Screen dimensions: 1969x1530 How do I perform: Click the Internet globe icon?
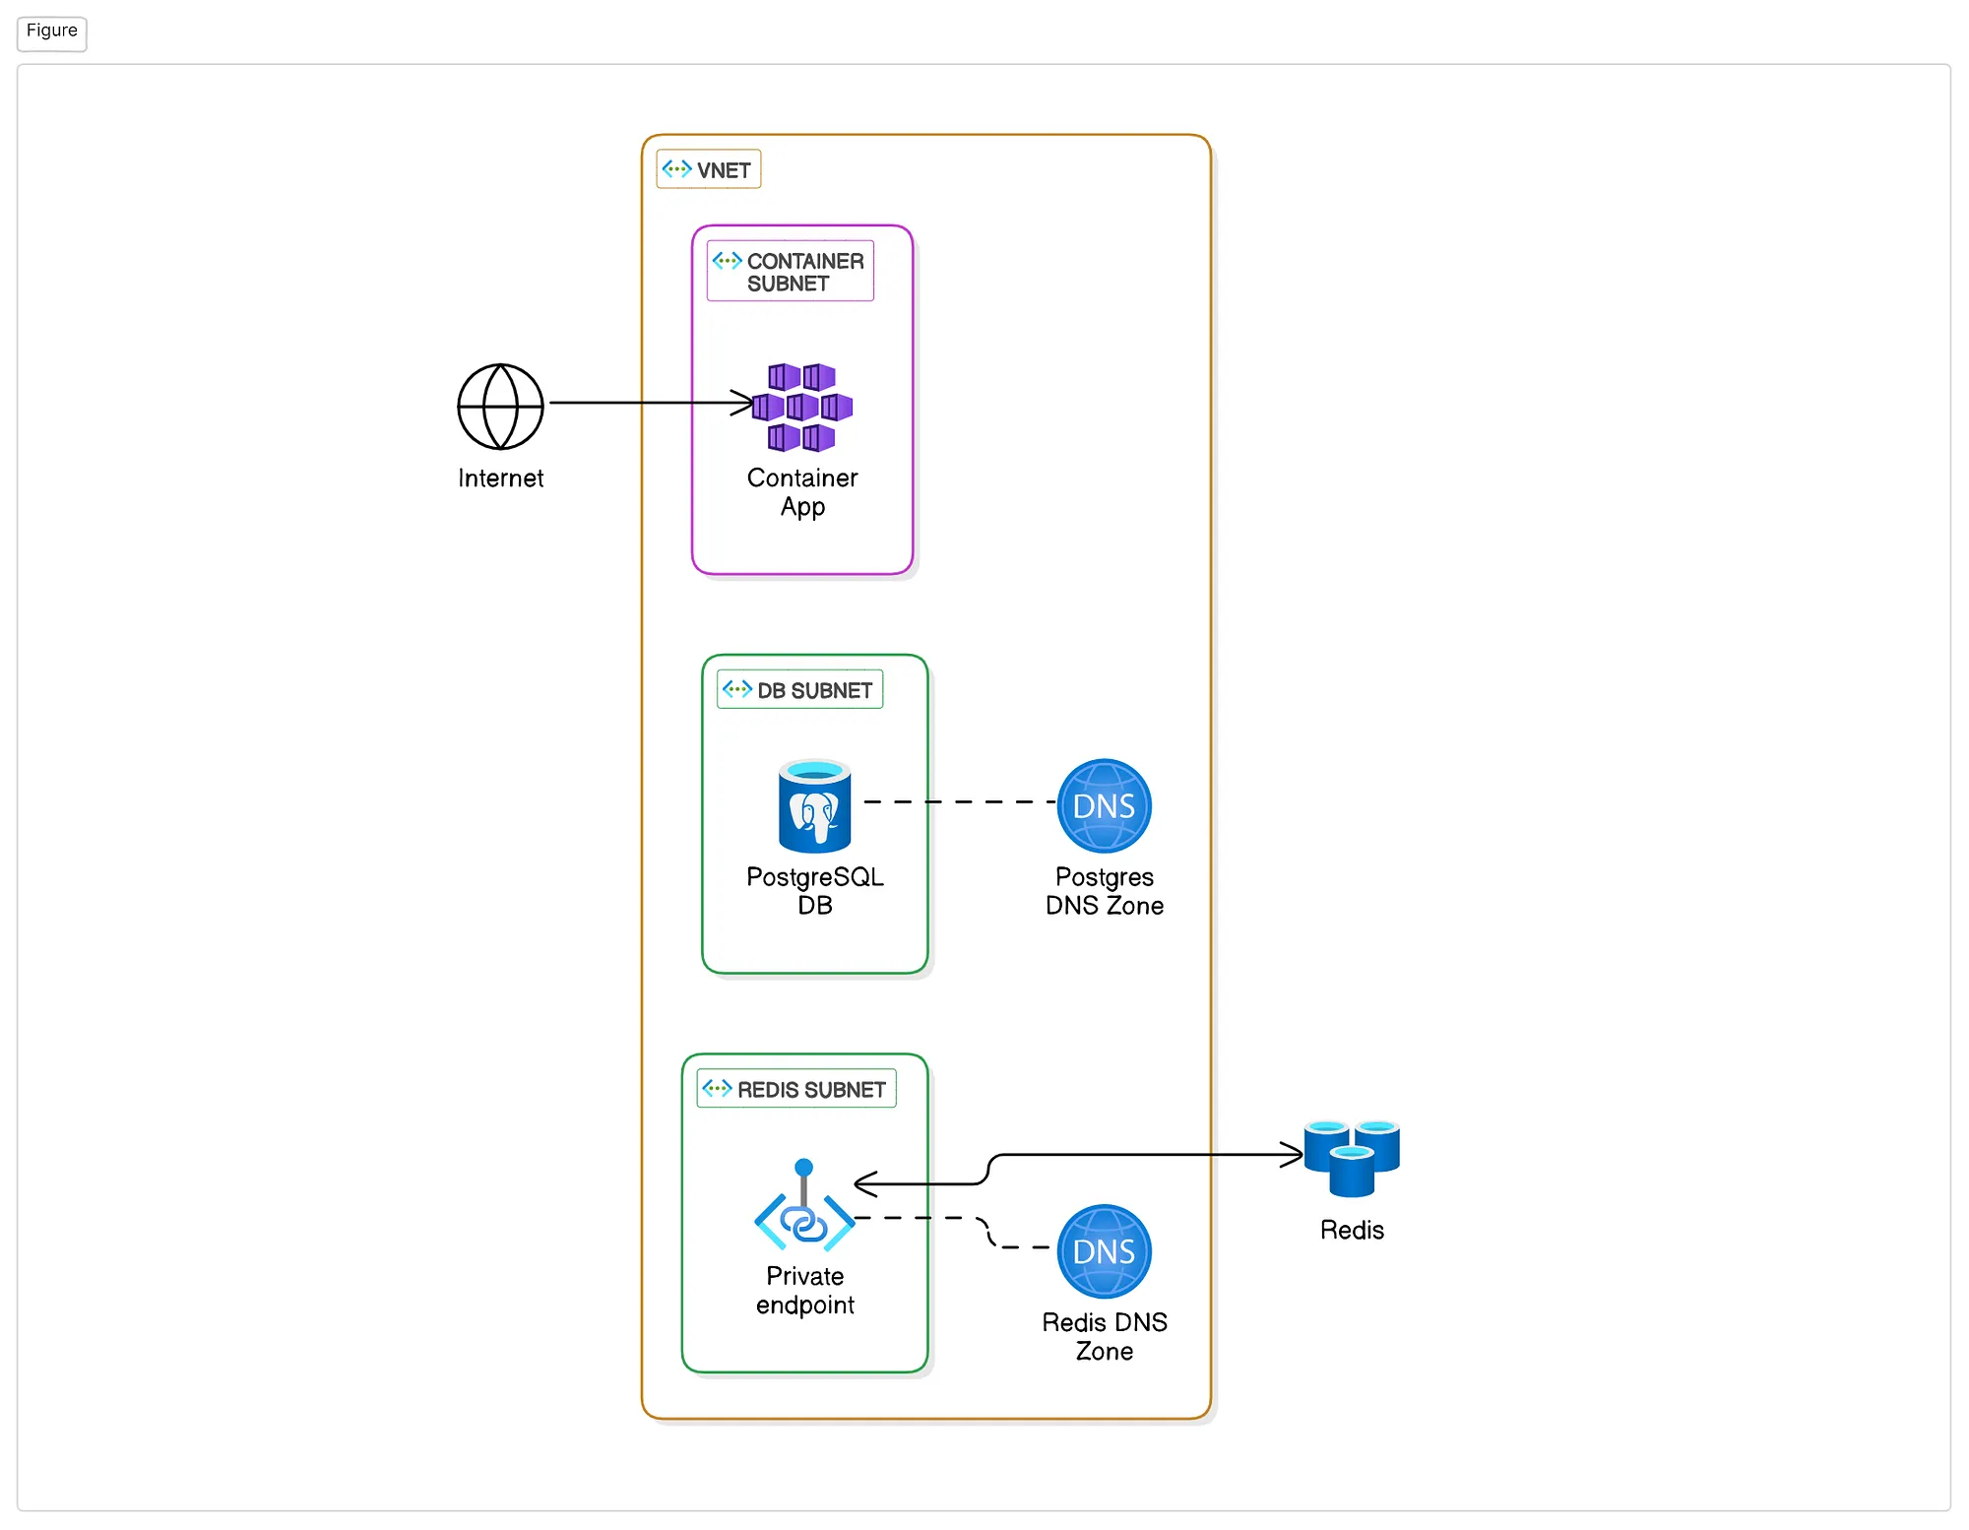pos(500,407)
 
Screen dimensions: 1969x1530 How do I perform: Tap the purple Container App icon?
pos(802,407)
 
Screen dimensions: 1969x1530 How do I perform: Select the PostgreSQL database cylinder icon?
pos(814,805)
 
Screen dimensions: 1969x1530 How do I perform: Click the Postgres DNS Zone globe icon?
pos(1104,805)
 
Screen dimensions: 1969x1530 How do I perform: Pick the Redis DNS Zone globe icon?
pos(1104,1251)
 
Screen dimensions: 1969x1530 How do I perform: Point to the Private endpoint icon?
pos(804,1205)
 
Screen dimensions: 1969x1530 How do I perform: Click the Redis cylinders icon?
pos(1352,1158)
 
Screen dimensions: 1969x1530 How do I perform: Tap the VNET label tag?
pos(708,169)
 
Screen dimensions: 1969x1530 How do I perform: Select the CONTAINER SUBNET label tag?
pos(791,271)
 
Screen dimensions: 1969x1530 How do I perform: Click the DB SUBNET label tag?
pos(799,689)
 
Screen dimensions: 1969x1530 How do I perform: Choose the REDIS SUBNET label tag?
pos(796,1088)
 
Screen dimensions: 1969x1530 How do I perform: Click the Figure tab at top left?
pos(52,32)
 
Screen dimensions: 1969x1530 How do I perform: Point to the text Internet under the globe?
pos(500,478)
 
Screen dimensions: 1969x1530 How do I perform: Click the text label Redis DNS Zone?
pos(1105,1336)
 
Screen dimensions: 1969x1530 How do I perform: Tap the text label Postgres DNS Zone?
pos(1105,891)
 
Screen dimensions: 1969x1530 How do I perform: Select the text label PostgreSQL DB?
pos(815,891)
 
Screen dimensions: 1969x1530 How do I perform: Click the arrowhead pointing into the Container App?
pos(743,403)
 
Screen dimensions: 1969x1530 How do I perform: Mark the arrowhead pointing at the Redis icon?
pos(1293,1155)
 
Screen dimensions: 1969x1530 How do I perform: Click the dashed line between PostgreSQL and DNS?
pos(960,801)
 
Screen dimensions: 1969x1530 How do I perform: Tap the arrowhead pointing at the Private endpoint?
pos(865,1183)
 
